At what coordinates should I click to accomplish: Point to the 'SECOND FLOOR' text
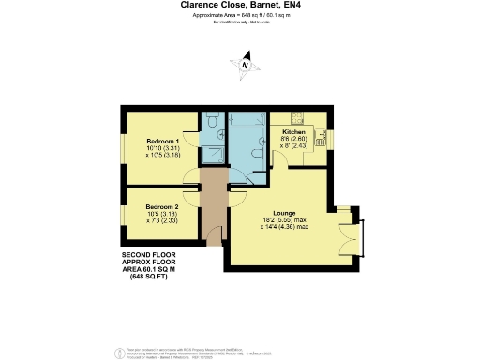pyautogui.click(x=147, y=255)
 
